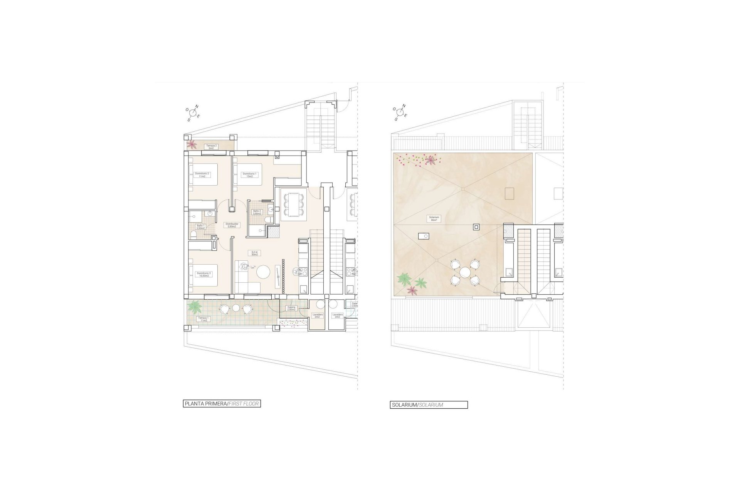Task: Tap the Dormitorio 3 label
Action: (203, 274)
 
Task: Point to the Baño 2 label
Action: (257, 212)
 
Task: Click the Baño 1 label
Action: (200, 227)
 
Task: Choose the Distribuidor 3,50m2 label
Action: (232, 225)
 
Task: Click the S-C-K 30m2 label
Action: (254, 253)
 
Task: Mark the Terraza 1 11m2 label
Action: (203, 319)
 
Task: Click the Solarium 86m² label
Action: (434, 218)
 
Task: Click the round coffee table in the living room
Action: (264, 272)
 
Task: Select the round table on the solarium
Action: (465, 272)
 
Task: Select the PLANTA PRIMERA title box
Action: (222, 404)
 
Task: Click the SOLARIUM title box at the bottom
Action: (429, 405)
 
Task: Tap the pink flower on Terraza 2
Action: (191, 144)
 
